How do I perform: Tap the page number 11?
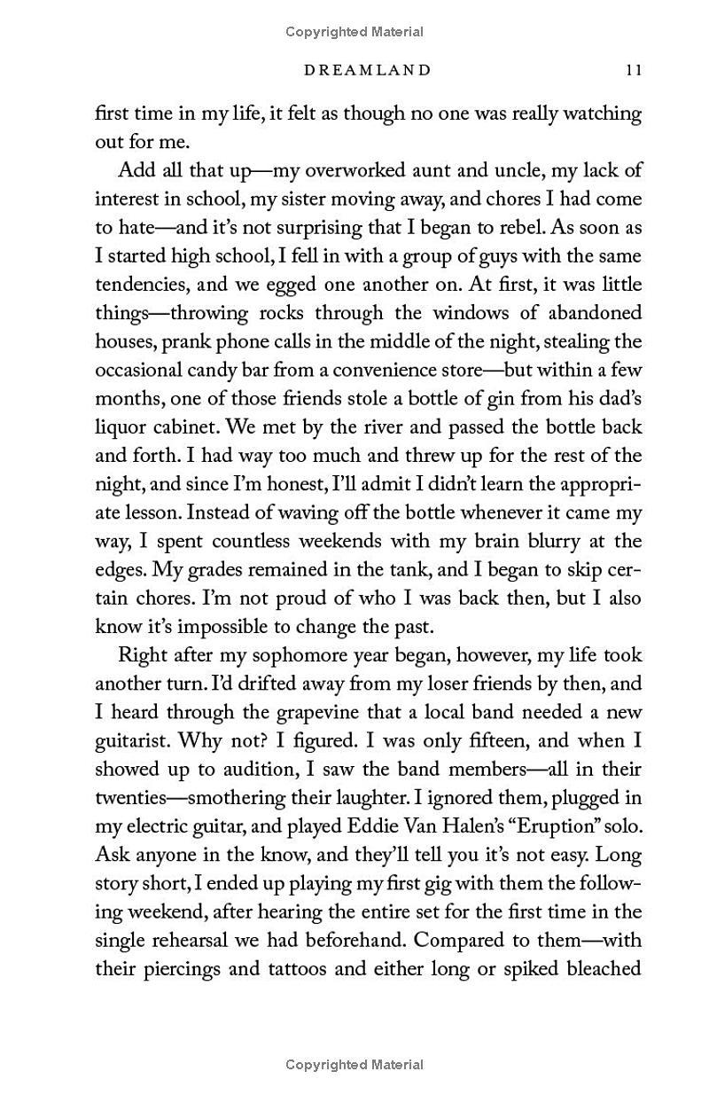[x=633, y=70]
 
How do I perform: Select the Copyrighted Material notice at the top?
[x=354, y=32]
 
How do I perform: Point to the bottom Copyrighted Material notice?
[x=354, y=1064]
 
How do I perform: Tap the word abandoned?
[x=591, y=313]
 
